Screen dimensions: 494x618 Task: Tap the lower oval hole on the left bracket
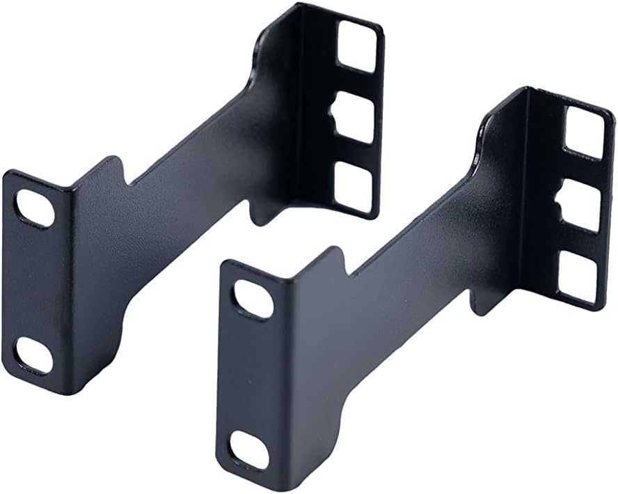[33, 355]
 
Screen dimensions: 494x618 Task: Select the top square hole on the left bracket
[358, 45]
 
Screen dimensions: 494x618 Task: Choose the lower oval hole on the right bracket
[249, 448]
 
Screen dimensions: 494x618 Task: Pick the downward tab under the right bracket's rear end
[480, 303]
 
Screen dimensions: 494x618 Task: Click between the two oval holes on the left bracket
[35, 282]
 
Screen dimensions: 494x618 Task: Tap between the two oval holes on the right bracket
[251, 373]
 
